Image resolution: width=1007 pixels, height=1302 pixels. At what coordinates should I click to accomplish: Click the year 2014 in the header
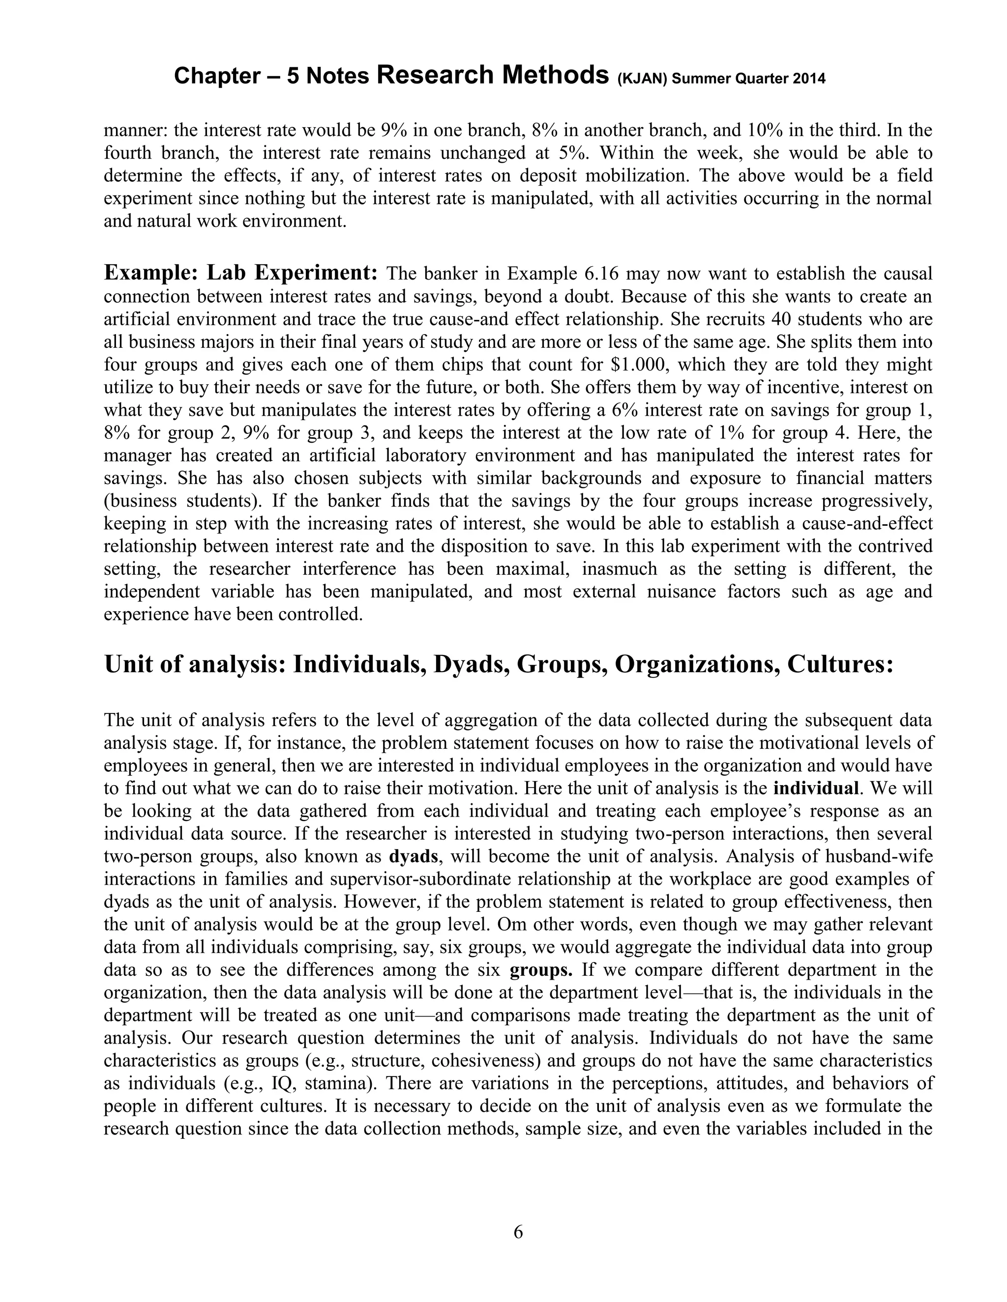(809, 78)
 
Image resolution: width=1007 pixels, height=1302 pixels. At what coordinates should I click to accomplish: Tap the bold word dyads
(414, 857)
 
